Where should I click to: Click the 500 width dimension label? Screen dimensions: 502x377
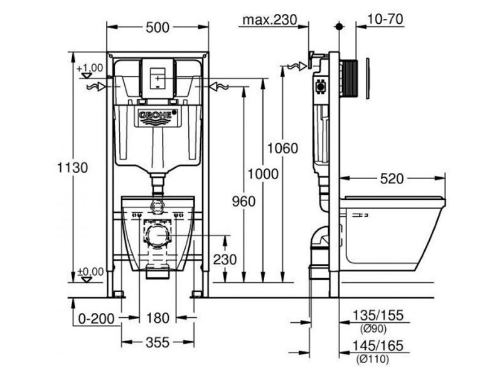pyautogui.click(x=158, y=28)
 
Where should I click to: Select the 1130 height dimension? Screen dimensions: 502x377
pyautogui.click(x=72, y=168)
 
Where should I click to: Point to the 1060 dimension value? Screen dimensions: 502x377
pyautogui.click(x=283, y=148)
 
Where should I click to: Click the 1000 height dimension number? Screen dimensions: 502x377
pyautogui.click(x=263, y=174)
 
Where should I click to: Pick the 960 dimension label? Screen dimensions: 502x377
pyautogui.click(x=244, y=202)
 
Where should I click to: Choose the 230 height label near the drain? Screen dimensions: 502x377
pyautogui.click(x=225, y=260)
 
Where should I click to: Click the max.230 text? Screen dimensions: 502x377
pyautogui.click(x=270, y=20)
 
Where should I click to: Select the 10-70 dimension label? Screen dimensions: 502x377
pyautogui.click(x=385, y=19)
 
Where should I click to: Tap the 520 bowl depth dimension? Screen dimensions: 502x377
pyautogui.click(x=392, y=178)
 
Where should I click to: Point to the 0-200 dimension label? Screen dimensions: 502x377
pyautogui.click(x=97, y=319)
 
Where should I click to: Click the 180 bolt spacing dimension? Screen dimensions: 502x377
pyautogui.click(x=158, y=318)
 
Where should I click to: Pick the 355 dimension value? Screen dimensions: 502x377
pyautogui.click(x=158, y=342)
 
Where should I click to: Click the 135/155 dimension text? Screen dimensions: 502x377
pyautogui.click(x=378, y=315)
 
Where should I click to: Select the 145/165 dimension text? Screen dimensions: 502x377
pyautogui.click(x=378, y=346)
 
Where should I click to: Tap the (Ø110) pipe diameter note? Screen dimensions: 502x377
pyautogui.click(x=373, y=359)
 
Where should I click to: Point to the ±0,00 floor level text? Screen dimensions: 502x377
pyautogui.click(x=91, y=272)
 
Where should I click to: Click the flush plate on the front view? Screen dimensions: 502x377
pyautogui.click(x=158, y=79)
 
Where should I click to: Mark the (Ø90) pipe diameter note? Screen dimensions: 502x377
pyautogui.click(x=373, y=329)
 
